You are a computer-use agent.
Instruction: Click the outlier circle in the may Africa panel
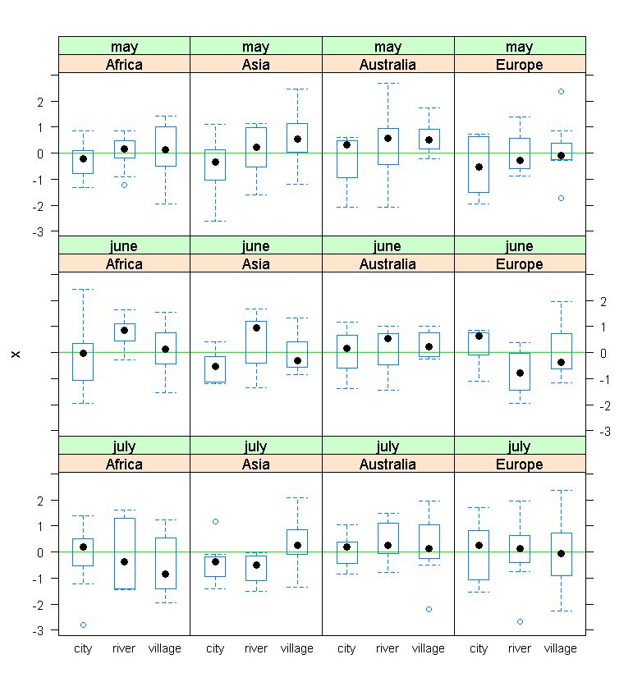click(125, 185)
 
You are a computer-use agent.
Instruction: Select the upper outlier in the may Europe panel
click(561, 91)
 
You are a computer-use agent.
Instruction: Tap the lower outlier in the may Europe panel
click(561, 198)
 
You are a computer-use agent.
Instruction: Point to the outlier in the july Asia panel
click(215, 521)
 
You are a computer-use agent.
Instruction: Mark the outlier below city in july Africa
click(83, 625)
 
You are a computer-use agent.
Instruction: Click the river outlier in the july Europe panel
click(520, 621)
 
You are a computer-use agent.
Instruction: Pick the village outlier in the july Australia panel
click(429, 609)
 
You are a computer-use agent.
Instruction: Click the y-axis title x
click(16, 353)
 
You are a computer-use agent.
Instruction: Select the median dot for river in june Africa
click(125, 330)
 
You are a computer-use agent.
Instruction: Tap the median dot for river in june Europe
click(520, 373)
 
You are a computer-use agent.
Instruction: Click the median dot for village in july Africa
click(166, 574)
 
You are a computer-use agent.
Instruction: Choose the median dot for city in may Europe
click(479, 167)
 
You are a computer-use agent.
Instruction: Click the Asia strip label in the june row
click(256, 264)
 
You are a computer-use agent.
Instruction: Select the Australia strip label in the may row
click(388, 64)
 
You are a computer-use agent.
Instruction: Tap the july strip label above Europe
click(520, 447)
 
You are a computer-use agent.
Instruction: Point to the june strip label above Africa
click(125, 246)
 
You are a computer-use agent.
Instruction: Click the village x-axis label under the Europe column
click(561, 648)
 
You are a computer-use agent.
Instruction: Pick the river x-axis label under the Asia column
click(256, 648)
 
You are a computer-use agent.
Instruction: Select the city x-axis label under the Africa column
click(83, 648)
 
